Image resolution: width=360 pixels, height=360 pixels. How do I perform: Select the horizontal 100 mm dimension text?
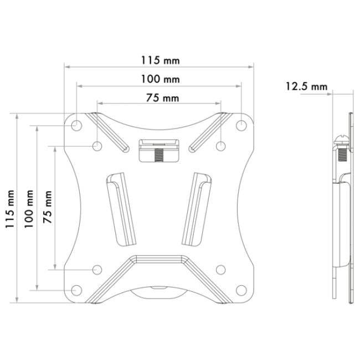tap(160, 79)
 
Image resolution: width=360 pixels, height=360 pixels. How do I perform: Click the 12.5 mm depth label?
tap(306, 86)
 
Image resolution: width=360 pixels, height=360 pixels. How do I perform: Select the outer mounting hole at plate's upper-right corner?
tap(241, 125)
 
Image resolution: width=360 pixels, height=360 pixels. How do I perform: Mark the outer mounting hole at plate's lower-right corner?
tap(241, 290)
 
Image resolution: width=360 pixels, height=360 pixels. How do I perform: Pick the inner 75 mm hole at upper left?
tap(97, 146)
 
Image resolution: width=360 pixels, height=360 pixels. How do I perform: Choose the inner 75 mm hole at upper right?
tap(220, 146)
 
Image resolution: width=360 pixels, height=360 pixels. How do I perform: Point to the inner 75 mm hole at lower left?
tap(97, 270)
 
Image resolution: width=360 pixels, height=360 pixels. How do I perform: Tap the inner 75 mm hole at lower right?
tap(220, 270)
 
